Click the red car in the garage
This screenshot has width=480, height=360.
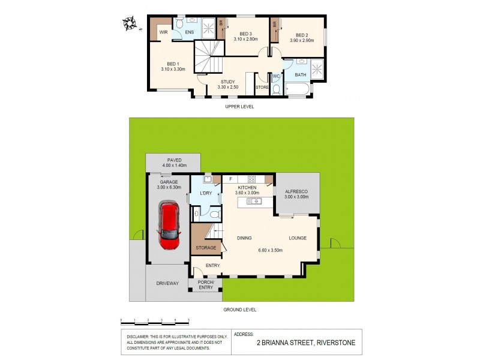tap(169, 227)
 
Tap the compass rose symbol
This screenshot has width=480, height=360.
tap(129, 24)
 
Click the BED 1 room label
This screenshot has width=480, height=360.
tap(173, 64)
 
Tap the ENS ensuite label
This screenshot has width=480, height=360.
tap(190, 32)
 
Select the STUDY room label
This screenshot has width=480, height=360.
tap(227, 82)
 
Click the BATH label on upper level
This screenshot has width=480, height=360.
tap(300, 75)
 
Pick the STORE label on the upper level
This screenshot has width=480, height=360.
tap(262, 88)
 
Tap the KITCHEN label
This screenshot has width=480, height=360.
tap(247, 187)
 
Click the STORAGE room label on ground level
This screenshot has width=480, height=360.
tap(205, 247)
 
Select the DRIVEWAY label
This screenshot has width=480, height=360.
tap(167, 283)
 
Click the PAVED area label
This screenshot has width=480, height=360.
tap(175, 160)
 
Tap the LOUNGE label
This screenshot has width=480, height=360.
tap(297, 238)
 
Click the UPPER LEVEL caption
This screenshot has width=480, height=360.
tap(240, 106)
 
